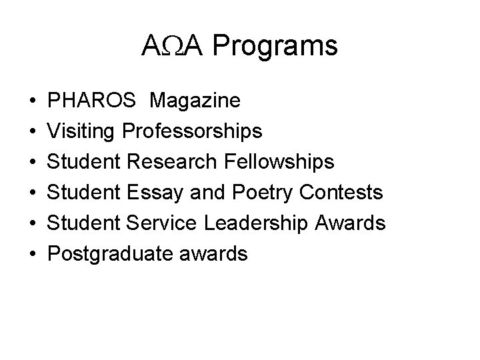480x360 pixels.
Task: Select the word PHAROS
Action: [93, 101]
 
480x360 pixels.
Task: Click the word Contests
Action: [341, 193]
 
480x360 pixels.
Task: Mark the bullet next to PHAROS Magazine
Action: [33, 102]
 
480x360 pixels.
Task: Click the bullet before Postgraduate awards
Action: [33, 255]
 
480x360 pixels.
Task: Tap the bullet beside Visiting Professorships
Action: [33, 133]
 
